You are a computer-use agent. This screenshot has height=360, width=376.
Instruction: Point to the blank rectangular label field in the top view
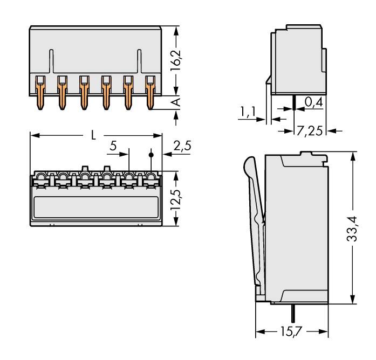[97, 207]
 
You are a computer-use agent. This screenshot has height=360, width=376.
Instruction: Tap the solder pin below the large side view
[292, 311]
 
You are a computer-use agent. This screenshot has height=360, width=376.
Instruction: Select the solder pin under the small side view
[292, 101]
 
